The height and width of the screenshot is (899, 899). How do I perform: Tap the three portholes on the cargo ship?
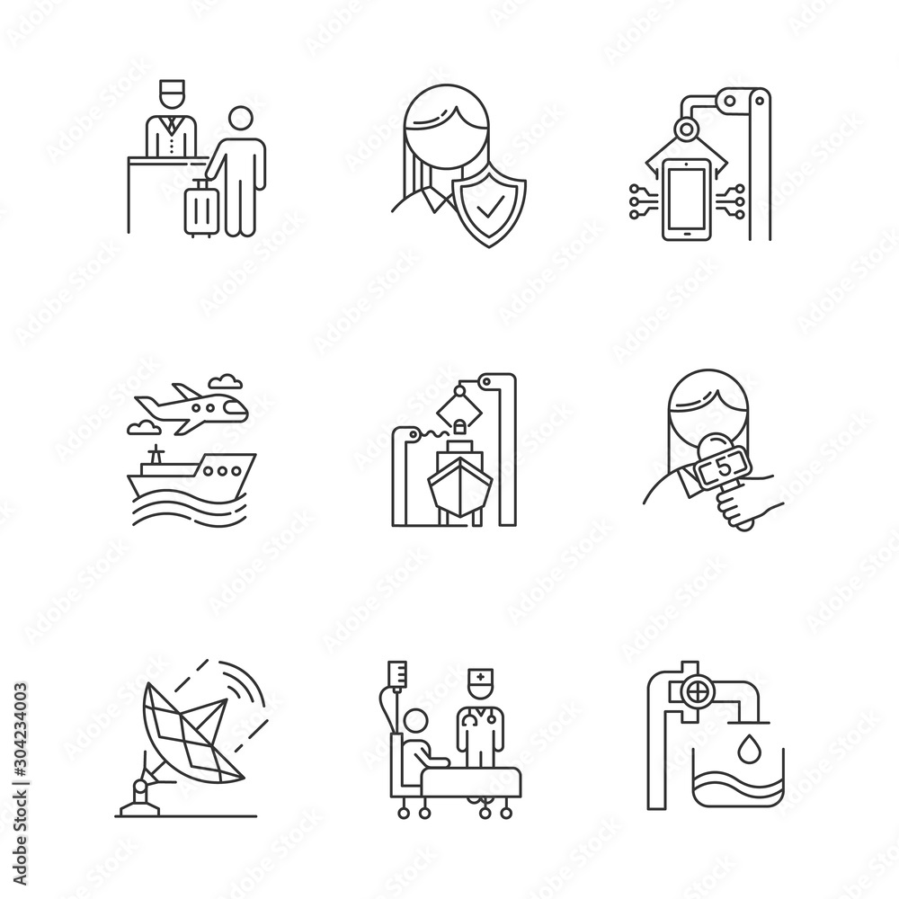[x=222, y=469]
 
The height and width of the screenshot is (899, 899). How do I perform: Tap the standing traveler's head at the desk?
[x=241, y=120]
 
